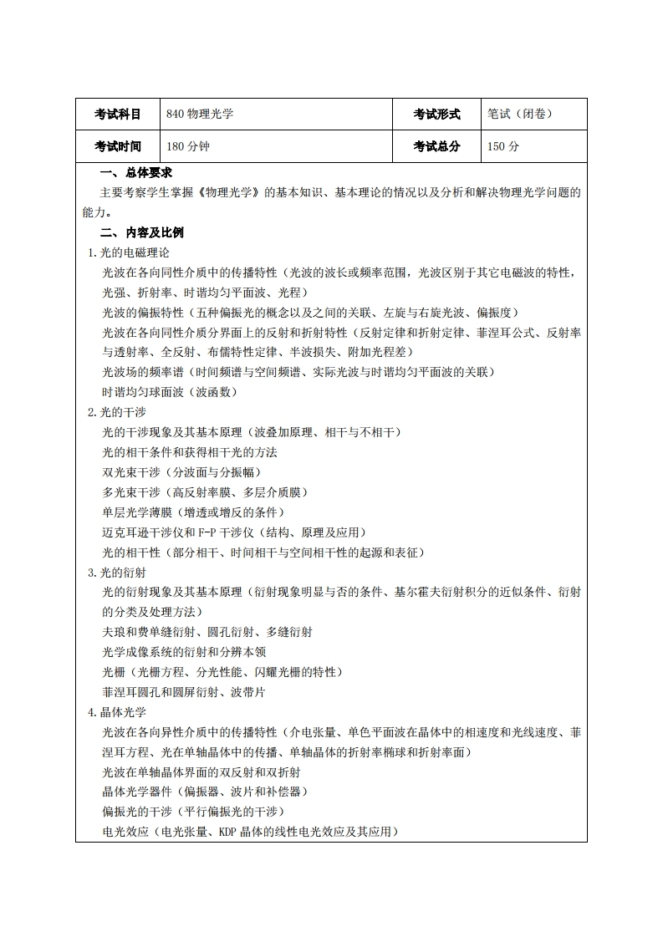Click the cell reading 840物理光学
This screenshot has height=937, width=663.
(200, 115)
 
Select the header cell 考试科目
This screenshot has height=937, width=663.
(117, 115)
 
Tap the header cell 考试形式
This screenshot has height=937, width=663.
(436, 115)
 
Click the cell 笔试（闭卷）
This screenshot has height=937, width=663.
(519, 115)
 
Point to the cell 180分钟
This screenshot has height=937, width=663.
(188, 146)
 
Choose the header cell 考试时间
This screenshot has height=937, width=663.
(117, 146)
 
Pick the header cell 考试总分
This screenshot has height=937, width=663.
(436, 146)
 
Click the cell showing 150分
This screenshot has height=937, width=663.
(503, 146)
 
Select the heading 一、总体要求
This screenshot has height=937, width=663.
(136, 172)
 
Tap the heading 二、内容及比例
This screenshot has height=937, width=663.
(142, 232)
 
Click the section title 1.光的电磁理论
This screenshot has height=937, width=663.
(129, 252)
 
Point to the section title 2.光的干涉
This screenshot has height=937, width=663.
(117, 412)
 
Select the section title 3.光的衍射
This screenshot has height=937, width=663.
(117, 573)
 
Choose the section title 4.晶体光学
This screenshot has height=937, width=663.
(117, 712)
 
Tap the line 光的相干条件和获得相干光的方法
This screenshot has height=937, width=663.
(190, 452)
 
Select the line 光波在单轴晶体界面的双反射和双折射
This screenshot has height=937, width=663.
(201, 771)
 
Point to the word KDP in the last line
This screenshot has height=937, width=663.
(231, 832)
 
